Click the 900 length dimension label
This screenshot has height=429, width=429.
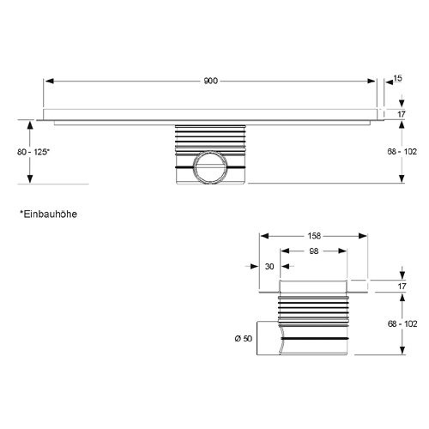[210, 81]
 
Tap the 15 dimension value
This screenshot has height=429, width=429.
[397, 78]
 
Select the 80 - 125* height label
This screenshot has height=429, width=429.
[33, 152]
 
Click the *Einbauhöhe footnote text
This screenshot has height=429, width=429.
[48, 214]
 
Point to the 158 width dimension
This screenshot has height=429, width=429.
[314, 236]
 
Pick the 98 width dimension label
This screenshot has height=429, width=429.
[314, 251]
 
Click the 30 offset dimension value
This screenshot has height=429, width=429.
[269, 266]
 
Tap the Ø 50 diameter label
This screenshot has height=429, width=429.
[244, 338]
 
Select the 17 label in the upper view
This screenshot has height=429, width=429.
[402, 114]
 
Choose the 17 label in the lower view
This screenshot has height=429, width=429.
[402, 286]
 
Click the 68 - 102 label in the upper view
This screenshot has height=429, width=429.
[402, 151]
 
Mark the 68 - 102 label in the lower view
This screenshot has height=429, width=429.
[402, 323]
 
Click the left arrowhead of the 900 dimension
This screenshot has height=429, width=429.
[50, 82]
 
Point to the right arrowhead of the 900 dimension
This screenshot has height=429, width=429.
[371, 82]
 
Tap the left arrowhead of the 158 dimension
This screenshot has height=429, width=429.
[264, 236]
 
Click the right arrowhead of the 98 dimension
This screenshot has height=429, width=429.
[342, 251]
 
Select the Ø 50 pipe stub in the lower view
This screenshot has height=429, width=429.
[269, 338]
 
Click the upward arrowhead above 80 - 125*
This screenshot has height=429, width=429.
[30, 125]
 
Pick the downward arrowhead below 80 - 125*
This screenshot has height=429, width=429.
[30, 178]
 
